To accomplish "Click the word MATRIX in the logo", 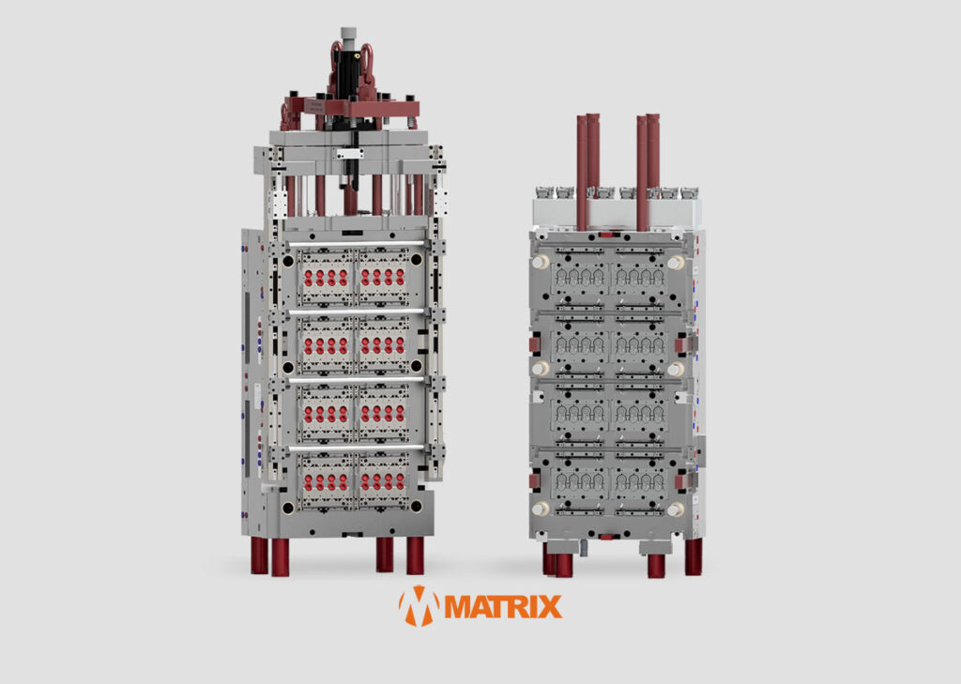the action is (x=503, y=606).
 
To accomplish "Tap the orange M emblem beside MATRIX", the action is (x=419, y=606).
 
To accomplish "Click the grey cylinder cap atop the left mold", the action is (x=348, y=34).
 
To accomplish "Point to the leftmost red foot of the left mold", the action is (x=259, y=555).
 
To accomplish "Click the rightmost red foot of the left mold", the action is (x=415, y=555).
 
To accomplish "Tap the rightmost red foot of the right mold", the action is (x=694, y=556).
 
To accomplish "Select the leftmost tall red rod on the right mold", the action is (x=582, y=173).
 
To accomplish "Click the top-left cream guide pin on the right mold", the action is (x=540, y=263).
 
